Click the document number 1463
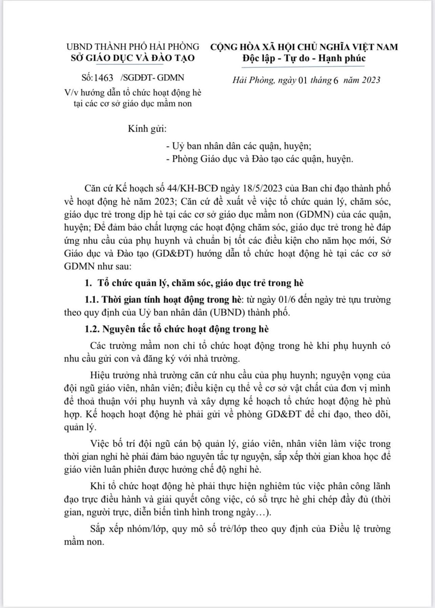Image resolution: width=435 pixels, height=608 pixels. (104, 78)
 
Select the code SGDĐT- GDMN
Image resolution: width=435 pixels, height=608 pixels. (153, 78)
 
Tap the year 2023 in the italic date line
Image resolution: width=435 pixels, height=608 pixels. (371, 80)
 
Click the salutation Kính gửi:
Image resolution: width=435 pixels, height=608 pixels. (147, 129)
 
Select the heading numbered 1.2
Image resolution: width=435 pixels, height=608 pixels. (177, 329)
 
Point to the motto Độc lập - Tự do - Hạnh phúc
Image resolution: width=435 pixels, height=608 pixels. (304, 58)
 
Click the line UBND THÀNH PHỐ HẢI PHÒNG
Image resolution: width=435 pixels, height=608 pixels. (133, 47)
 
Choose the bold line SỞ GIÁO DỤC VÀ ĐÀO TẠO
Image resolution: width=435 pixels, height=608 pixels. (133, 58)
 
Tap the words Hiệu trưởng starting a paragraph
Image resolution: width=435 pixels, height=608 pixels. (113, 375)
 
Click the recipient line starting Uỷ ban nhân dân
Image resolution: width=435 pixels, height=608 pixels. (241, 146)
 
